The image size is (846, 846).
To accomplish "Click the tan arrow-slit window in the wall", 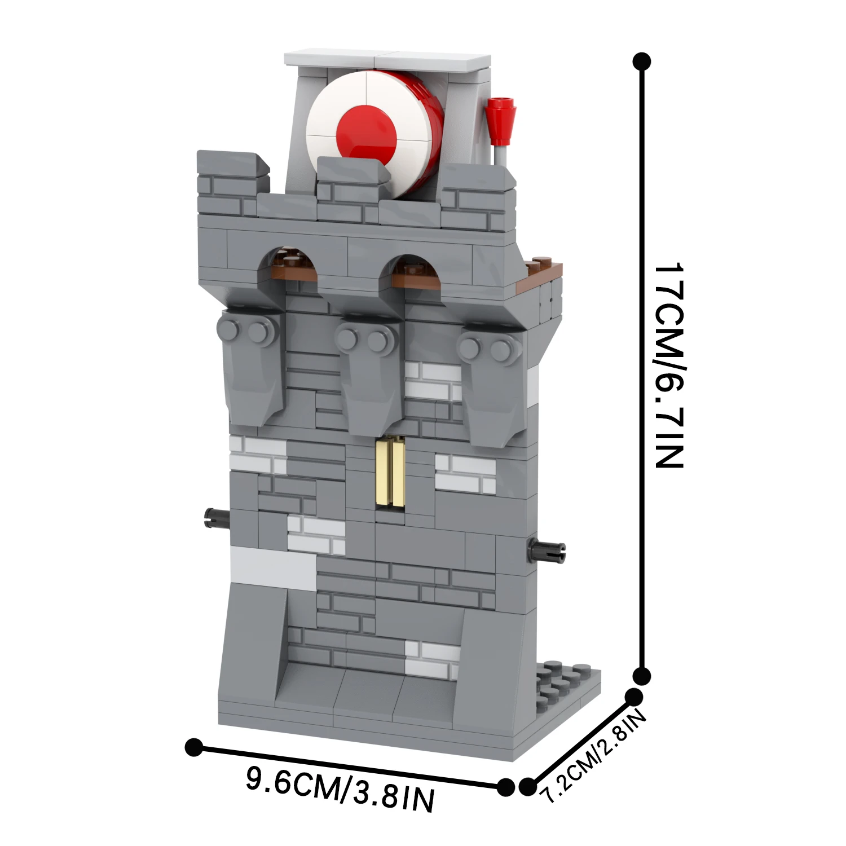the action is tap(390, 473).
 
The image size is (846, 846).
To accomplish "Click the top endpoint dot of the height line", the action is tap(642, 61).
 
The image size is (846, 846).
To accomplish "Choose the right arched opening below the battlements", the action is tap(410, 268).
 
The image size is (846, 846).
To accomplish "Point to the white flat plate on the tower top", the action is tap(387, 60).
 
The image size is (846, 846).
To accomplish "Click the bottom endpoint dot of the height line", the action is tap(641, 675).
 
